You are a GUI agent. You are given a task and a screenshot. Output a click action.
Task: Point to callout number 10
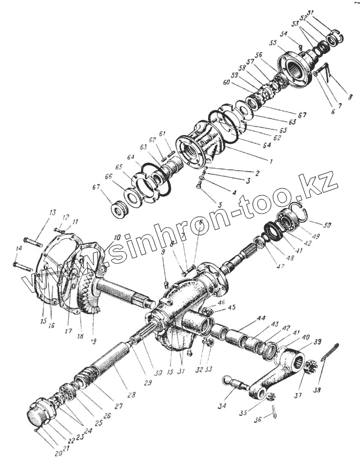[x=117, y=237]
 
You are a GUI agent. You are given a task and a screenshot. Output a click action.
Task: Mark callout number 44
[x=261, y=318]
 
